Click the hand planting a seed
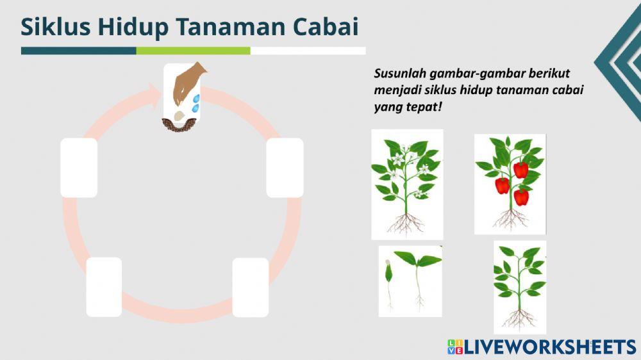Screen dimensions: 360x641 point(188,83)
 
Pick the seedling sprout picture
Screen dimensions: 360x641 point(410,281)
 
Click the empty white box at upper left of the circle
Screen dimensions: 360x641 point(79,168)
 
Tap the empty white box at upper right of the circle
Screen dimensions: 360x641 point(285,168)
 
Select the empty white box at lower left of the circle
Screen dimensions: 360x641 point(104,287)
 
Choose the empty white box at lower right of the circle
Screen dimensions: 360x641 point(250,287)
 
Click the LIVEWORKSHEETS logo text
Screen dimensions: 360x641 point(549,347)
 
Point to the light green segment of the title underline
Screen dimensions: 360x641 point(193,51)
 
